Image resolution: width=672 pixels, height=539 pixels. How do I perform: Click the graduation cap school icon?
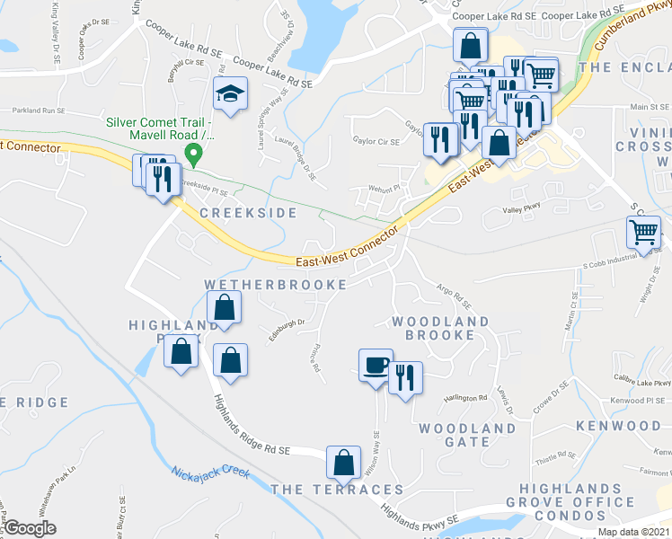(x=230, y=92)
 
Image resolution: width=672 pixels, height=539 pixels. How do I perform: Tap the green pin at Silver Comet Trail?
(x=191, y=155)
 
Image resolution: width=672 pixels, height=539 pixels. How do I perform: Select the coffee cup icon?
(x=376, y=366)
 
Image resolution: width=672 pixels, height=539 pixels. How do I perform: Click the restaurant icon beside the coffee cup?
(x=405, y=376)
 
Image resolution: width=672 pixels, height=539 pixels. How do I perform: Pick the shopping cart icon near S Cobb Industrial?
(x=644, y=232)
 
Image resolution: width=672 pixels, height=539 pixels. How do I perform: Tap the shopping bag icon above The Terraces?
(x=342, y=463)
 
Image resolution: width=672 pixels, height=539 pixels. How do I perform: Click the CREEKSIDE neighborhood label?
(x=235, y=213)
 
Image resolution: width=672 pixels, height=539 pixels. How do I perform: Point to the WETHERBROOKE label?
(x=275, y=284)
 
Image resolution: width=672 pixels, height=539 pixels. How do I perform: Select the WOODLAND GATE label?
(x=467, y=436)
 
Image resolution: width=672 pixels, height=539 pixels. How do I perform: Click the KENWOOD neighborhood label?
(x=619, y=425)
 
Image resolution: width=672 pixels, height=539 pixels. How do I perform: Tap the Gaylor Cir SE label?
(x=376, y=141)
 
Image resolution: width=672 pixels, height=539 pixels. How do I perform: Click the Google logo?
(x=29, y=528)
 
